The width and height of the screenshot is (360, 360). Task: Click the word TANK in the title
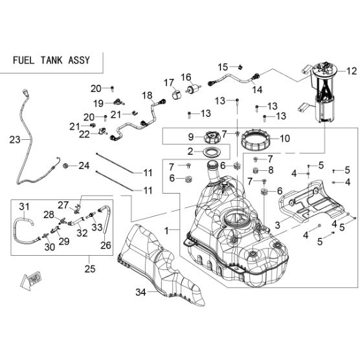(x=52, y=60)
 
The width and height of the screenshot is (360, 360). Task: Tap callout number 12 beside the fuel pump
(x=352, y=71)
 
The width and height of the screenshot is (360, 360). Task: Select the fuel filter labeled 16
(x=194, y=88)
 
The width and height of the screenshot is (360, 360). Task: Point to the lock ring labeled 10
(x=256, y=140)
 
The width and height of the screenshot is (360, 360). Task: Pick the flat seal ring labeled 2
(x=212, y=152)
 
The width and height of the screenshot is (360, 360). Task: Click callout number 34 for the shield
(x=141, y=292)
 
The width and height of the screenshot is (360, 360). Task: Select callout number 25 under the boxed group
(x=90, y=269)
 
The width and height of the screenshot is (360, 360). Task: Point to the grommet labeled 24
(x=66, y=165)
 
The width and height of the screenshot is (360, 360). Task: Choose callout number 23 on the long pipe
(x=14, y=140)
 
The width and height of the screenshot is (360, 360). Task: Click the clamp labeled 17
(x=176, y=95)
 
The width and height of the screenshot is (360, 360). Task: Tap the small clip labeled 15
(x=240, y=67)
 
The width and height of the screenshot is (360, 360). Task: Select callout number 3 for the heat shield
(x=278, y=225)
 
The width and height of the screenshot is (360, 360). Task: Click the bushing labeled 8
(x=256, y=170)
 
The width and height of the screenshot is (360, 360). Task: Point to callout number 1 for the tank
(x=166, y=231)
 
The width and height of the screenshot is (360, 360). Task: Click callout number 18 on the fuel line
(x=147, y=95)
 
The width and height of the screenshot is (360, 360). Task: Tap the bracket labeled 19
(x=118, y=102)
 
